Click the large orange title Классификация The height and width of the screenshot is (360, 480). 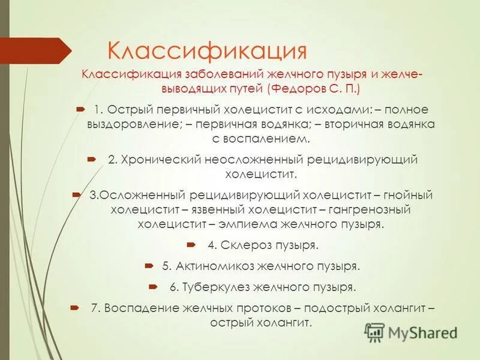point(206,50)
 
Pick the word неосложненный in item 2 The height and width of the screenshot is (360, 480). point(255,160)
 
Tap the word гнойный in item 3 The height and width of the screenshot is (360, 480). point(407,196)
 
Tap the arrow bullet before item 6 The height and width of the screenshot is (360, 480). point(152,286)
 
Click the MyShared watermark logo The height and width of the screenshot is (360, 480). point(410,332)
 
